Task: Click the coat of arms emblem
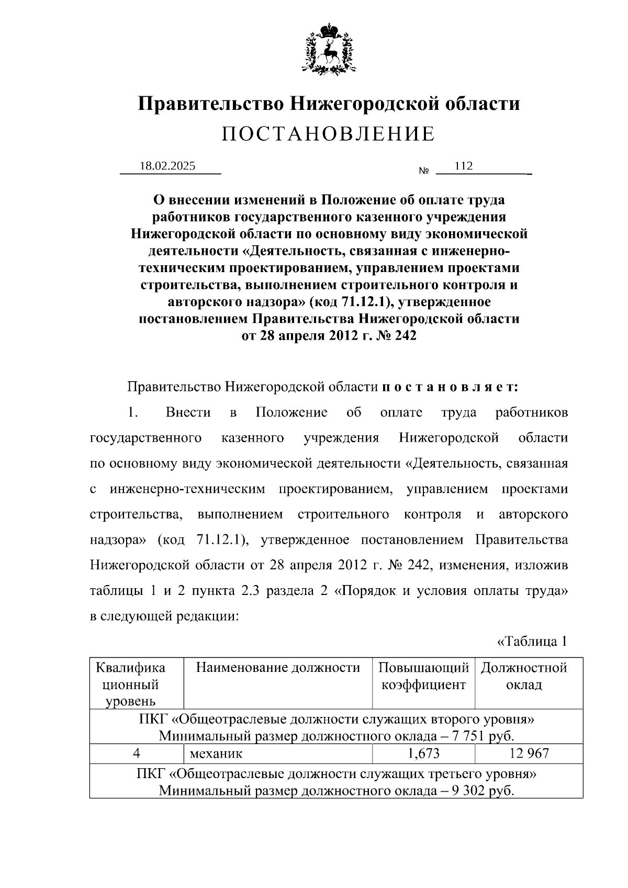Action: click(328, 48)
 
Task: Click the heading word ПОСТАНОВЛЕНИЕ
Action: click(328, 134)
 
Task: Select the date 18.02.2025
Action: click(167, 166)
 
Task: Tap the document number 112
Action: click(464, 166)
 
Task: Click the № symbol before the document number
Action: click(424, 171)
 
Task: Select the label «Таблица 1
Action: click(532, 641)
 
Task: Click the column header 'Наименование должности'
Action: click(278, 667)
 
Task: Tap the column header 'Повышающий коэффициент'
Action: click(423, 676)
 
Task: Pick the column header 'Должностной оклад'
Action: click(524, 676)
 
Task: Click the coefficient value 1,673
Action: click(423, 753)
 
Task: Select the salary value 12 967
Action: click(529, 753)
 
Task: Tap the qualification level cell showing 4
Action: click(137, 753)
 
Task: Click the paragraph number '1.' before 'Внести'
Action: click(132, 413)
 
